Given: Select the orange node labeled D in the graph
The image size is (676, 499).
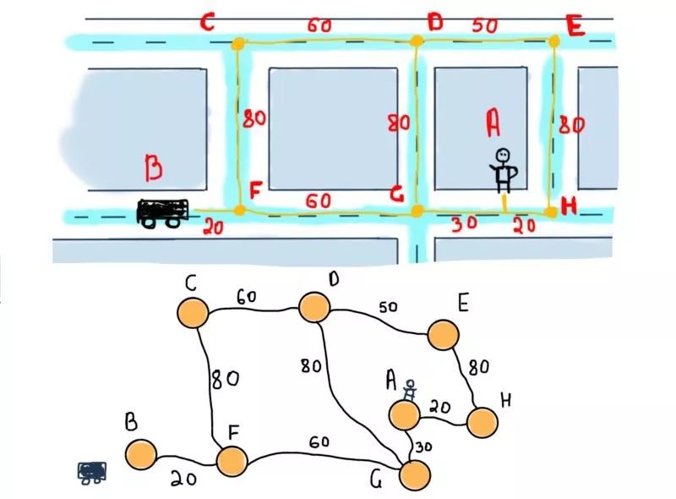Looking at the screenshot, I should tap(313, 307).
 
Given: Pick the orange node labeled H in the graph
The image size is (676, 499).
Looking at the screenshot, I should tap(482, 422).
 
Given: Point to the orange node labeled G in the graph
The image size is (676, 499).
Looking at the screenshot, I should tap(415, 474).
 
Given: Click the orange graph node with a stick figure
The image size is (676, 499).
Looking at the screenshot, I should tap(405, 414).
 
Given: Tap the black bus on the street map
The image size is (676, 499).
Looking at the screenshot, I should tap(161, 213).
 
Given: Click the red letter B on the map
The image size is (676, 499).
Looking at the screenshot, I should tap(153, 170).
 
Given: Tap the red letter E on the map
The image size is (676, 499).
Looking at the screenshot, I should tap(575, 27).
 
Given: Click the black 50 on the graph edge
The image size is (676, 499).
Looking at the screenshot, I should tap(388, 308).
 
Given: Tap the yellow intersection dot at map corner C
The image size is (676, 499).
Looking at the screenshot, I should tap(238, 42).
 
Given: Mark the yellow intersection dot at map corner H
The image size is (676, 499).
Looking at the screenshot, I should tap(551, 212).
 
